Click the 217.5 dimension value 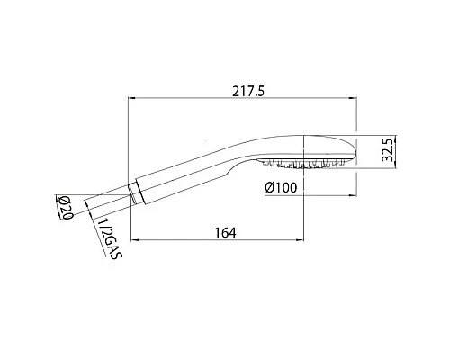pos(245,90)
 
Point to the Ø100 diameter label pos(283,187)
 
